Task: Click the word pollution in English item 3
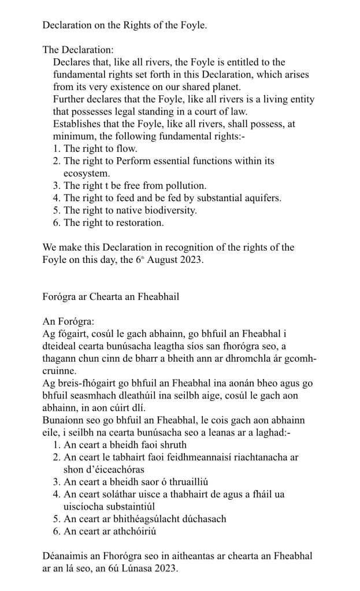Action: coord(185,186)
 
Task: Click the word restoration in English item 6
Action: coord(139,223)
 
